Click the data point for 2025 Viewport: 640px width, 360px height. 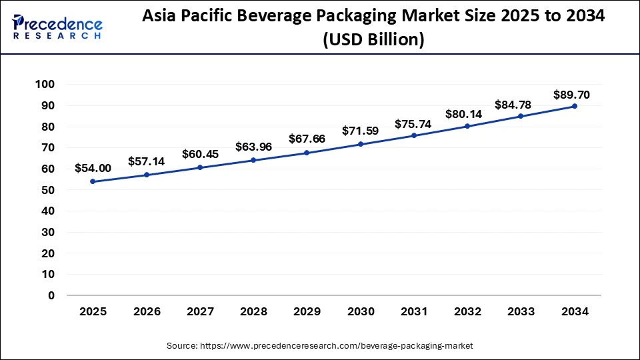tap(93, 181)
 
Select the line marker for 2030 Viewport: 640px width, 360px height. tap(361, 144)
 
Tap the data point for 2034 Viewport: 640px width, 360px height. tap(575, 106)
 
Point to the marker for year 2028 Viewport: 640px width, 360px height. tap(253, 160)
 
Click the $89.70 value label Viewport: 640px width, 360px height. tap(571, 95)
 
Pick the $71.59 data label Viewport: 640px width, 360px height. tap(360, 131)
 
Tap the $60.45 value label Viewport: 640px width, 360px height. tap(199, 155)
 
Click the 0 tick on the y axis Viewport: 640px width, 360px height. tap(51, 295)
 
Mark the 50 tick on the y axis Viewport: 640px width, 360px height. tap(47, 190)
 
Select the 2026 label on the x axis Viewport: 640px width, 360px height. tap(146, 311)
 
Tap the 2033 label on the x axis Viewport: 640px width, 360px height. tap(521, 311)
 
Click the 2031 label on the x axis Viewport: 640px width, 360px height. tap(414, 311)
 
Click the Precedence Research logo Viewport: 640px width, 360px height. tap(57, 27)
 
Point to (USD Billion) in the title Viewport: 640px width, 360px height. tap(373, 40)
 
